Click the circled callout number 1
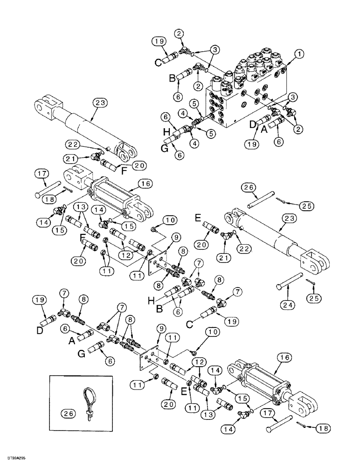[x=298, y=54]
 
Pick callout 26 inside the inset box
[x=67, y=412]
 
